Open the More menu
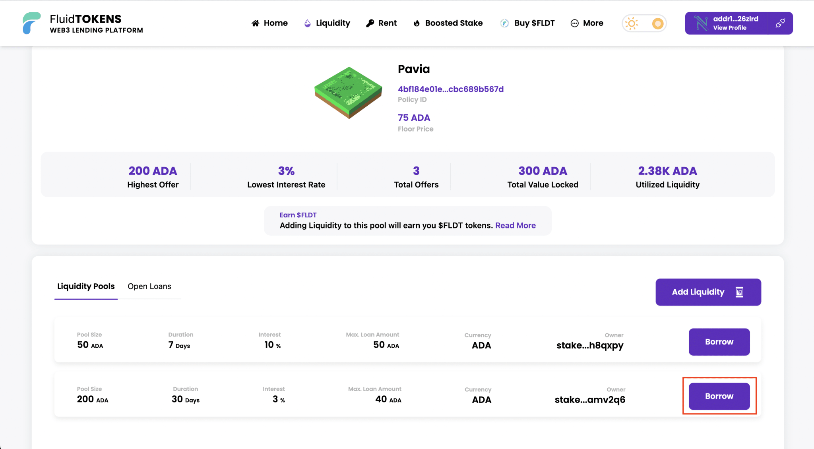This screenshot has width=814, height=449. pyautogui.click(x=587, y=23)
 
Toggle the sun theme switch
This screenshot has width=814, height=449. pyautogui.click(x=644, y=23)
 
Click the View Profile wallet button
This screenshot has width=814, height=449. pyautogui.click(x=730, y=23)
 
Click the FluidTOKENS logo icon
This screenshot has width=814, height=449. pyautogui.click(x=31, y=23)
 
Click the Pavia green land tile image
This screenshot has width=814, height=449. pyautogui.click(x=349, y=93)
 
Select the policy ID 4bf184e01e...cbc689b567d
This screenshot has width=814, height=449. pyautogui.click(x=451, y=89)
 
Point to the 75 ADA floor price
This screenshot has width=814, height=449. pyautogui.click(x=414, y=118)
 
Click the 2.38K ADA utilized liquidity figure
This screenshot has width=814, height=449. pyautogui.click(x=667, y=171)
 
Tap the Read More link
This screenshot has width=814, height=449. pyautogui.click(x=516, y=225)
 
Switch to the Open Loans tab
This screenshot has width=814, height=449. pyautogui.click(x=149, y=286)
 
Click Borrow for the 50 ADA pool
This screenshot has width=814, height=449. pyautogui.click(x=719, y=342)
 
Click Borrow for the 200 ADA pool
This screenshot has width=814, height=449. pyautogui.click(x=719, y=396)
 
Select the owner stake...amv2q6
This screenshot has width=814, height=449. pyautogui.click(x=590, y=400)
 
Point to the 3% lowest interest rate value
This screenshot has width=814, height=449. pyautogui.click(x=286, y=171)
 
